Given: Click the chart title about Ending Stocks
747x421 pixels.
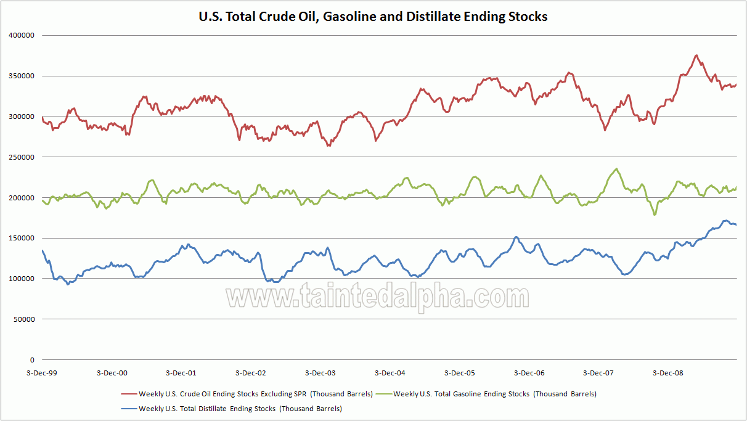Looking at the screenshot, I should [x=373, y=17].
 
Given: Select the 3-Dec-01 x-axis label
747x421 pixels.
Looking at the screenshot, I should [x=181, y=373].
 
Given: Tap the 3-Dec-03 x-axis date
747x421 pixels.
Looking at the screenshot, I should [x=320, y=373].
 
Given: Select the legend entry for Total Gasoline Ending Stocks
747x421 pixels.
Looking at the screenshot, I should [x=494, y=394].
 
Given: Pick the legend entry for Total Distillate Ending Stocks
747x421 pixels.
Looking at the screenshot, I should [x=240, y=409].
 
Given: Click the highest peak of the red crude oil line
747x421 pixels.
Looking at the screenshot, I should [x=696, y=55].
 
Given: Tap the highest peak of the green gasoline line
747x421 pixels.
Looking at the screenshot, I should [x=616, y=169].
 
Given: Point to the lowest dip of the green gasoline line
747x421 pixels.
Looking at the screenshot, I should [x=655, y=215].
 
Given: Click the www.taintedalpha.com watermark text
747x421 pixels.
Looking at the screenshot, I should [x=377, y=297].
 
